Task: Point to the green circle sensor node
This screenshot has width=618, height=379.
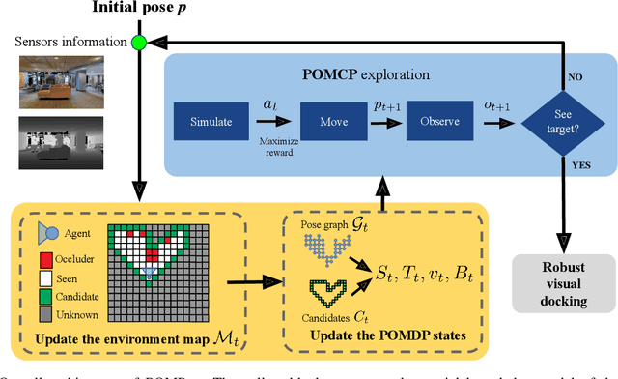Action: (138, 42)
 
